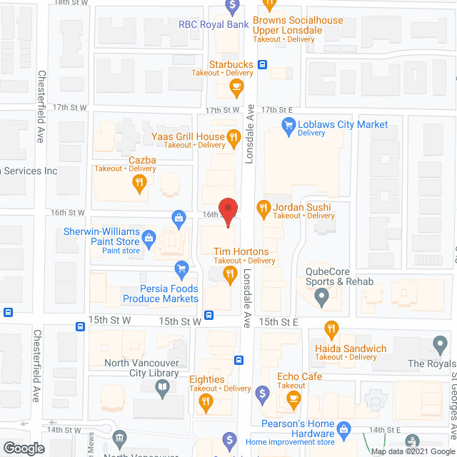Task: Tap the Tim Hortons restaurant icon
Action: (230, 277)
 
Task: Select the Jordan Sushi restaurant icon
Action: (263, 209)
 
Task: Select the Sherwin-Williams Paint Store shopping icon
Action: (149, 238)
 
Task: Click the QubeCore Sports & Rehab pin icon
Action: (321, 296)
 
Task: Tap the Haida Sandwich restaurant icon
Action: (331, 330)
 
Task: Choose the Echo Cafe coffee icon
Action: (292, 401)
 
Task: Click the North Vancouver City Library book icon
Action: (163, 388)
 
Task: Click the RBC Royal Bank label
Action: (214, 24)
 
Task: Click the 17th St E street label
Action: (278, 110)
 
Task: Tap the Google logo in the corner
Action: (23, 448)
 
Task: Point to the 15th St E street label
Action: (277, 322)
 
